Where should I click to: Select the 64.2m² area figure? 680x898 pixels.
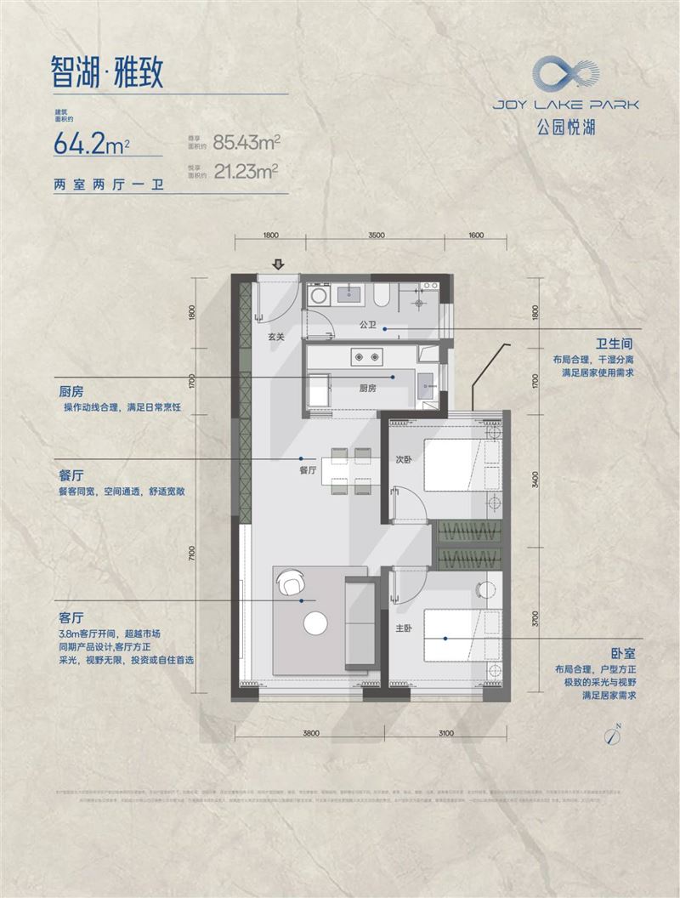[x=91, y=142]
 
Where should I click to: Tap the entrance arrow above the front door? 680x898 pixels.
[x=278, y=265]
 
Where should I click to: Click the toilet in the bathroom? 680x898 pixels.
[x=382, y=295]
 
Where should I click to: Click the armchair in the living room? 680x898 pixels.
[x=290, y=583]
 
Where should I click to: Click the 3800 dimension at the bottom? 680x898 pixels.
[x=309, y=731]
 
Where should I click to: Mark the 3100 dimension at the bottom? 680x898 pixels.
[x=448, y=731]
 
